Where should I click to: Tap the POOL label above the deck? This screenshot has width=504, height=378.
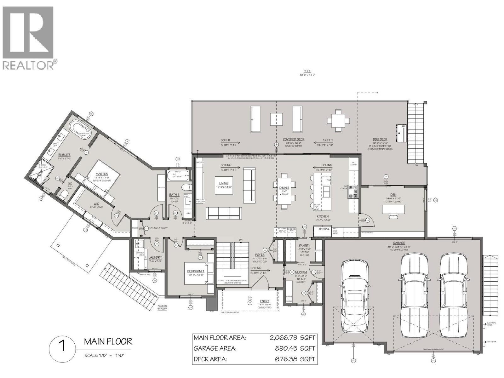click(307, 71)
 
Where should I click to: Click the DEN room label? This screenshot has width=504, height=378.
click(393, 195)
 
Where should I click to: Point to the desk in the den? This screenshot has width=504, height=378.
click(393, 209)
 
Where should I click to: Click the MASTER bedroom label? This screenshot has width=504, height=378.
click(102, 174)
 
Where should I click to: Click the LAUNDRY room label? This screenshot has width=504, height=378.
click(155, 257)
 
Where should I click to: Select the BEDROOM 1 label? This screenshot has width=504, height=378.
click(196, 271)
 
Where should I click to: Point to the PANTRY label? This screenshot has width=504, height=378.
click(304, 246)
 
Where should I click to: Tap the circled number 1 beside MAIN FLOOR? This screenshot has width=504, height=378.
click(62, 346)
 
